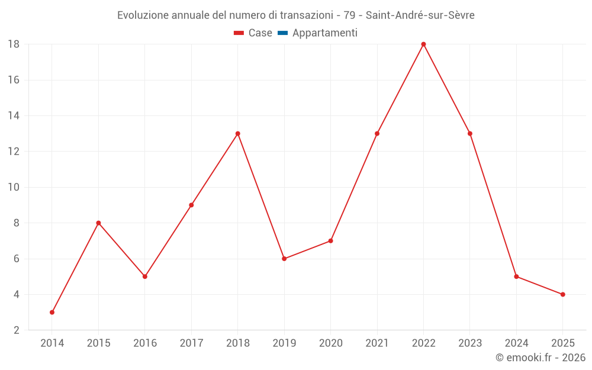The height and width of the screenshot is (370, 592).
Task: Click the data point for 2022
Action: [423, 44]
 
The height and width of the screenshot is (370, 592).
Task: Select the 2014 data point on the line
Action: [52, 312]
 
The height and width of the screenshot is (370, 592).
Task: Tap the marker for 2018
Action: [237, 134]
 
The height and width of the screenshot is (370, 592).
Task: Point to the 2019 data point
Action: [284, 259]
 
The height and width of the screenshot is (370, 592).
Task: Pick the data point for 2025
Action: [562, 294]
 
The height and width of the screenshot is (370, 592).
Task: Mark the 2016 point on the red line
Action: [145, 276]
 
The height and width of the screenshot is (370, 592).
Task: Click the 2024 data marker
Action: [516, 276]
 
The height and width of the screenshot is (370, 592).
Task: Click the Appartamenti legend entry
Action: [324, 33]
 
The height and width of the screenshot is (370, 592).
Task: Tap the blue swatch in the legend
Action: [282, 33]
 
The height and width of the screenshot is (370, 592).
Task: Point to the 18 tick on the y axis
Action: [14, 44]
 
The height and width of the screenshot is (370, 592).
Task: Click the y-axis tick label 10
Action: [14, 187]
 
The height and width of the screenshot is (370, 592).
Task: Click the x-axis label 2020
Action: [330, 343]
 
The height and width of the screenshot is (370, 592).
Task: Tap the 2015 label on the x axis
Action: [98, 343]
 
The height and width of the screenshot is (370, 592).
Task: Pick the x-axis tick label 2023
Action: [469, 343]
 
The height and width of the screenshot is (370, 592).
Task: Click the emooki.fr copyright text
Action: [540, 358]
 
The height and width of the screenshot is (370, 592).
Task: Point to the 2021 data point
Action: [377, 134]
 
